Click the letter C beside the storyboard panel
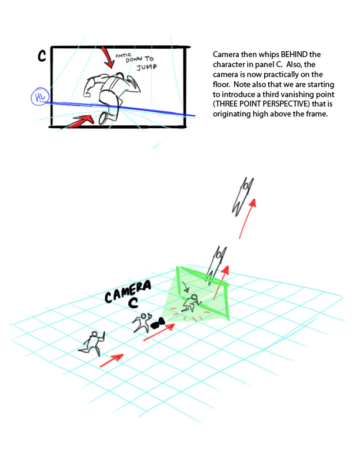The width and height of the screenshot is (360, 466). (42, 56)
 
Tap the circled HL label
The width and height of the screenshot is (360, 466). (40, 98)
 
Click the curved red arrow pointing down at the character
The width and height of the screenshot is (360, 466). (108, 58)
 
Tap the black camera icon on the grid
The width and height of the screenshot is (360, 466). (156, 323)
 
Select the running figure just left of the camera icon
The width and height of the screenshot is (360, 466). (141, 322)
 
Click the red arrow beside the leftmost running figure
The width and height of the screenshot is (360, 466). (112, 361)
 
